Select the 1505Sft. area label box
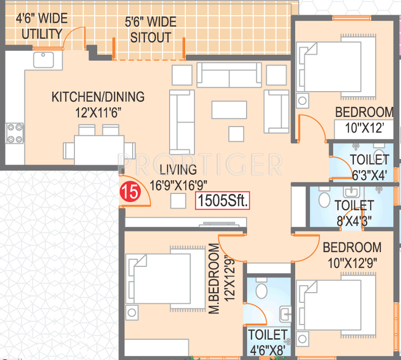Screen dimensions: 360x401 (x=223, y=202)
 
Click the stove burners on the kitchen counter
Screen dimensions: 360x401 (x=15, y=133)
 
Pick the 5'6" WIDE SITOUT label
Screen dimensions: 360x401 (x=150, y=30)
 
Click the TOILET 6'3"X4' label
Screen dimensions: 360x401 (x=370, y=167)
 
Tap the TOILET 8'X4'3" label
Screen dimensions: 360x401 (x=354, y=213)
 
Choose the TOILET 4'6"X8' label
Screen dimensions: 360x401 (x=267, y=342)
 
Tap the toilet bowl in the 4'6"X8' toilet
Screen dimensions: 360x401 (x=262, y=290)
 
